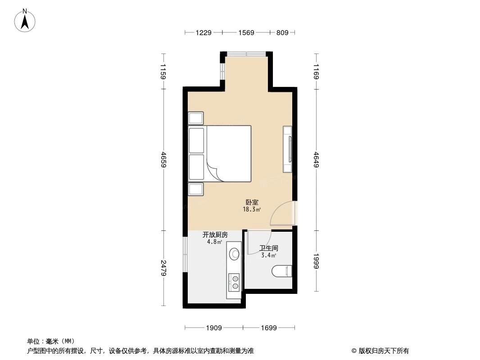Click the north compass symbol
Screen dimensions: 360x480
click(25, 20)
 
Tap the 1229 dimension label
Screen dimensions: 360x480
click(204, 32)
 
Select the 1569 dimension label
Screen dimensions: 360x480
click(246, 32)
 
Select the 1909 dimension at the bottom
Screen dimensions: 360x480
click(214, 328)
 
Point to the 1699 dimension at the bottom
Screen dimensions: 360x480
click(268, 328)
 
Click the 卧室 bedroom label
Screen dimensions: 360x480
click(252, 202)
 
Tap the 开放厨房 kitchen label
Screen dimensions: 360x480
click(215, 234)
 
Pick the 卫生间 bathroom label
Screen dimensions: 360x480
click(269, 248)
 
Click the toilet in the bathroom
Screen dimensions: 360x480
click(283, 271)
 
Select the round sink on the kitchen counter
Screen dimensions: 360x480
click(234, 254)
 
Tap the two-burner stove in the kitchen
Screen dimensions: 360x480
click(235, 282)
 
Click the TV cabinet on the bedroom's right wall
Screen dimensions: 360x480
click(287, 149)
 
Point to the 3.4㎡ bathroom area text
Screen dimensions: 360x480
click(269, 255)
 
